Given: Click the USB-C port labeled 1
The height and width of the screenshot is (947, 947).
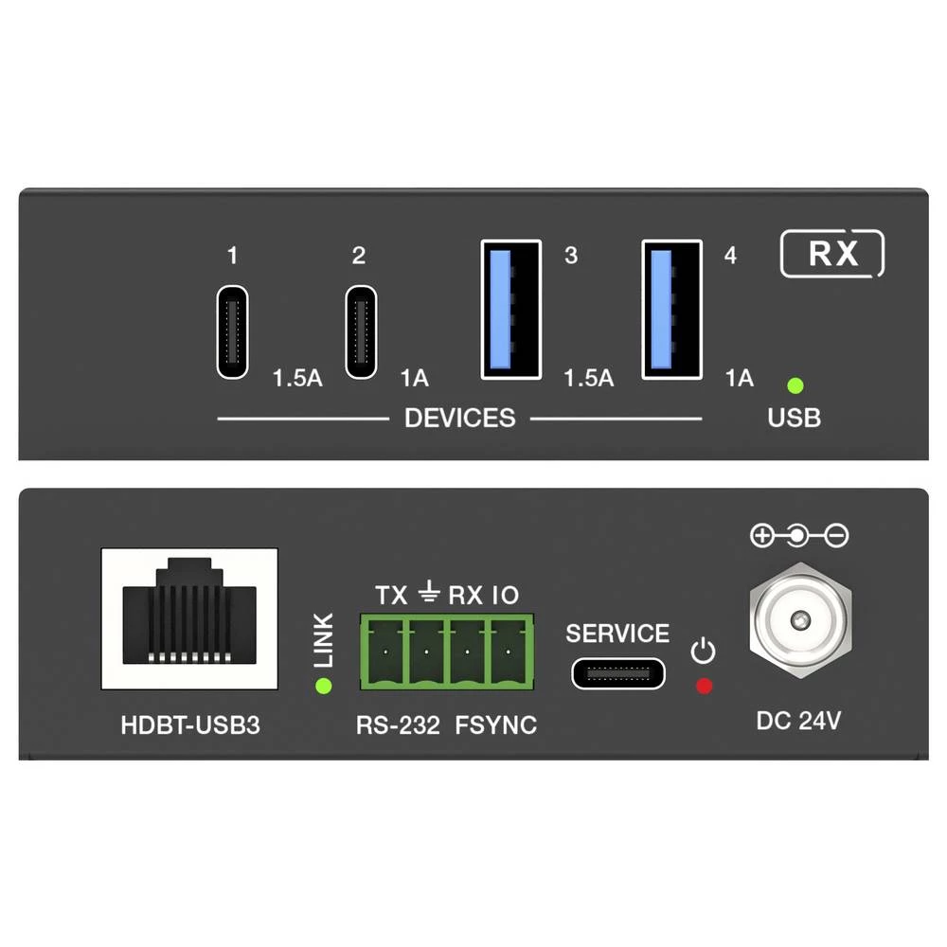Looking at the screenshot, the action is (x=233, y=331).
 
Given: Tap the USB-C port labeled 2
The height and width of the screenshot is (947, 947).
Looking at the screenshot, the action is (x=361, y=331).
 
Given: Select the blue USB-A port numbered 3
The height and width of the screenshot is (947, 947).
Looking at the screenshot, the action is (x=511, y=310).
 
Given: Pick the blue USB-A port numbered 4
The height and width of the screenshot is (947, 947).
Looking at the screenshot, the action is (x=671, y=310).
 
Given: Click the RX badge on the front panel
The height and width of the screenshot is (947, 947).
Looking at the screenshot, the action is (x=832, y=254).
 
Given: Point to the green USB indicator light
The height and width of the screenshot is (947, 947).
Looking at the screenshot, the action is (x=795, y=385).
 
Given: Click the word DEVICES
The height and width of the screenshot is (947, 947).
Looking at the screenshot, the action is (x=459, y=418).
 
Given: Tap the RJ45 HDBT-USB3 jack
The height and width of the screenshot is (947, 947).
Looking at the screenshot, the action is (x=189, y=618).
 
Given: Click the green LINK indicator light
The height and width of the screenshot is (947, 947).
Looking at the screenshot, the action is (x=324, y=686).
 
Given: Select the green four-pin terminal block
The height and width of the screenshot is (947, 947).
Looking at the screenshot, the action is (x=447, y=652).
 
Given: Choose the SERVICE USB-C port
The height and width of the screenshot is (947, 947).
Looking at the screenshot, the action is (x=617, y=673).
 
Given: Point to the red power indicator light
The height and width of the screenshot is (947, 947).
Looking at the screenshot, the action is (x=705, y=686).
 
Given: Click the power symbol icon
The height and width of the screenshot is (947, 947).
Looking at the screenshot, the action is (x=703, y=652).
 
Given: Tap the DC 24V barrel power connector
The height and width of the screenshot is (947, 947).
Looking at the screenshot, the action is (x=801, y=620).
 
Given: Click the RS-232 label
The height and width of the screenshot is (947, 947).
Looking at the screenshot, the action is (x=398, y=725).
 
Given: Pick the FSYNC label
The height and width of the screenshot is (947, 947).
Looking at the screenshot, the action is (x=496, y=725).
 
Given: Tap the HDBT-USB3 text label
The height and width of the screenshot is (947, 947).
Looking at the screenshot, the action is (x=190, y=725).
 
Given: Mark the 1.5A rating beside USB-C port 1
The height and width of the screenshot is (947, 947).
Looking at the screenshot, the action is (x=297, y=379).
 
